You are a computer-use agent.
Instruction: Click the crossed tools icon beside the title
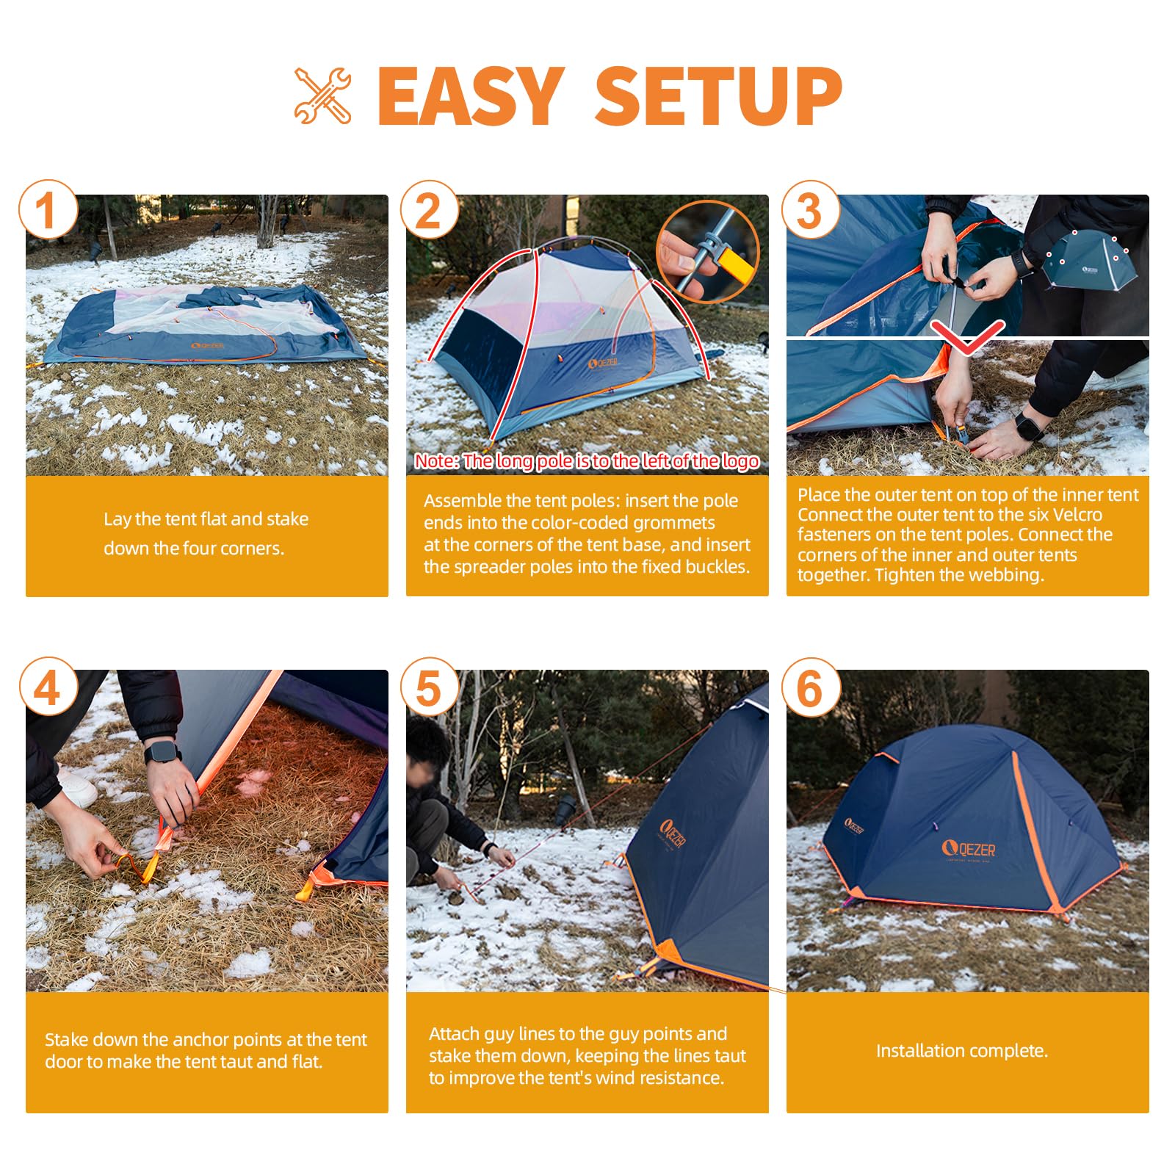tap(322, 95)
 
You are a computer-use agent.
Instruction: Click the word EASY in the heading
tap(471, 95)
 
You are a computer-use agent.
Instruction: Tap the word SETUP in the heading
tap(718, 95)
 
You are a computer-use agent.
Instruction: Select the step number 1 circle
tap(48, 209)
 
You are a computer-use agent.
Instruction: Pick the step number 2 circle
tap(430, 209)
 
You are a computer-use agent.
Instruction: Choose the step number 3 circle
tap(810, 209)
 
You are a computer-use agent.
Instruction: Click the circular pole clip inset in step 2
tap(708, 252)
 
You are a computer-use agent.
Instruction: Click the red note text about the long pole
tap(587, 461)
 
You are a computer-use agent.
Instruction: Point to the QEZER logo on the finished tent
tap(969, 850)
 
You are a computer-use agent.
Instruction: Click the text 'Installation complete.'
tap(962, 1051)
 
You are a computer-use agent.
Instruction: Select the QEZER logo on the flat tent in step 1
tap(208, 346)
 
